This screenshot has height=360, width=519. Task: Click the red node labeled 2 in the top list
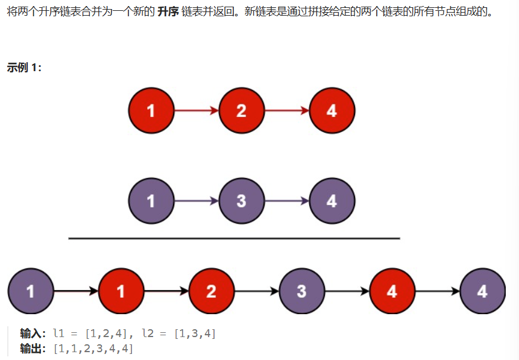[x=241, y=111]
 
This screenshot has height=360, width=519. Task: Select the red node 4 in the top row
[x=332, y=111]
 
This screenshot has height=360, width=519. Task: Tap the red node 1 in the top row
[x=151, y=111]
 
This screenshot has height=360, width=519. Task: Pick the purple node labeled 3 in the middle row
[x=241, y=201]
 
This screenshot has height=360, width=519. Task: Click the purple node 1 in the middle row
[x=151, y=201]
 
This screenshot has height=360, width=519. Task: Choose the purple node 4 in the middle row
[x=332, y=201]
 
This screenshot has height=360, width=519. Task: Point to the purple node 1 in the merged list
[x=30, y=291]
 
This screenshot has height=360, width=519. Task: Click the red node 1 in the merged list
[x=121, y=291]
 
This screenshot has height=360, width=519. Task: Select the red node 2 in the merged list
[x=211, y=291]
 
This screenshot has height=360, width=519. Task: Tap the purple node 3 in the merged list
[x=301, y=291]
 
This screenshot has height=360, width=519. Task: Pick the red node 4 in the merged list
[x=392, y=291]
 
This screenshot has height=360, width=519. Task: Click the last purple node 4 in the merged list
[x=482, y=291]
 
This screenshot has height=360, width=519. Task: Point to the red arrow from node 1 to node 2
[x=196, y=111]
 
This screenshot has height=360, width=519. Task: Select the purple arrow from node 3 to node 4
[x=286, y=201]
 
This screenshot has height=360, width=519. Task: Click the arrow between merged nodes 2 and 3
[x=256, y=291]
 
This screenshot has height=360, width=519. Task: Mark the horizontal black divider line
[x=234, y=239]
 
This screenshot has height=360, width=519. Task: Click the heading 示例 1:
[x=24, y=68]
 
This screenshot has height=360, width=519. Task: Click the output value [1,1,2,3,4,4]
[x=93, y=349]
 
